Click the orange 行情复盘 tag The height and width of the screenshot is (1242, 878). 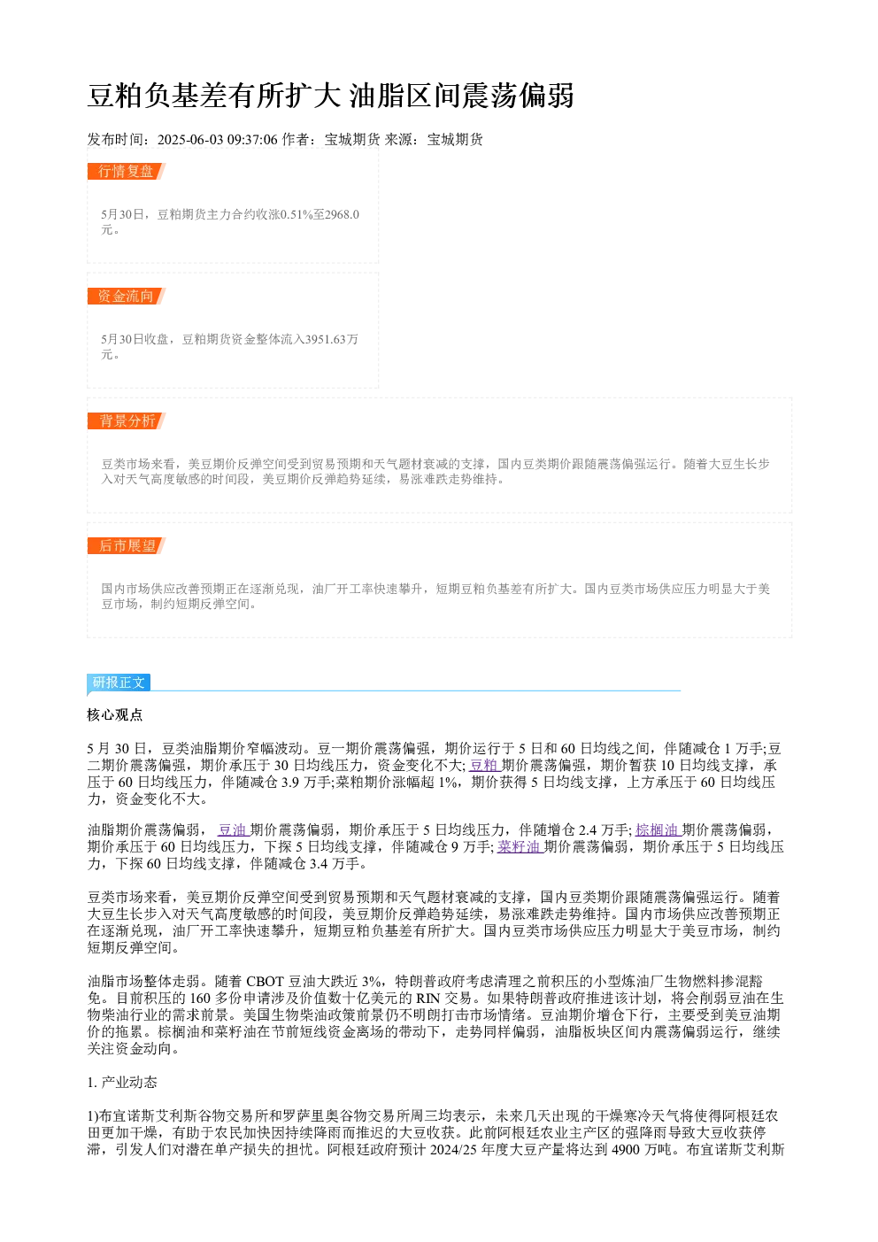coord(127,172)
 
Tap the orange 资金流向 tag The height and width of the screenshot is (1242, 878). coord(127,296)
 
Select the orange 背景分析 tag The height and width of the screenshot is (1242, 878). coord(127,420)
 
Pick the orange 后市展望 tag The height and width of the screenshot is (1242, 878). coord(127,545)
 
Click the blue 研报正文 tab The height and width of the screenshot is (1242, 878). coord(119,682)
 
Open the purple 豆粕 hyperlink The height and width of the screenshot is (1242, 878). coord(484,765)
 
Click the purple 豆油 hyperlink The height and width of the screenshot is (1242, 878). coord(232,829)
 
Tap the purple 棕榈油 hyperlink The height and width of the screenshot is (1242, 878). coord(658,829)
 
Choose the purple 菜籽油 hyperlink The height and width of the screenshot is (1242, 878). coord(520,846)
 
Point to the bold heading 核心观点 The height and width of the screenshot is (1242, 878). coord(115,715)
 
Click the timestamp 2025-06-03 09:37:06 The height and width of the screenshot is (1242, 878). coord(217,140)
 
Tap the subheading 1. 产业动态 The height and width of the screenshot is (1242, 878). coord(122,1083)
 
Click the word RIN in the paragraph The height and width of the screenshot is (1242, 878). coord(427,999)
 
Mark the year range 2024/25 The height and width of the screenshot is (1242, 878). coord(453,1149)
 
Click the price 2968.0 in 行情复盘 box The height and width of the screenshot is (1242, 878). coord(342,214)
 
